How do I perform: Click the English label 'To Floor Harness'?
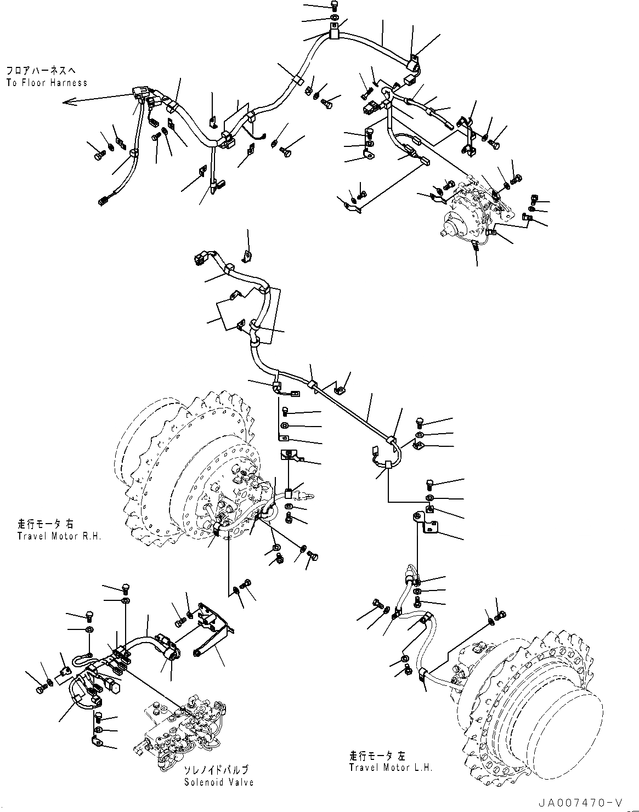pyautogui.click(x=47, y=83)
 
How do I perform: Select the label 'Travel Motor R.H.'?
pyautogui.click(x=59, y=536)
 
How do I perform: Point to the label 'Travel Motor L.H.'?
pyautogui.click(x=391, y=766)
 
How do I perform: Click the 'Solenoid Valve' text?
pyautogui.click(x=219, y=782)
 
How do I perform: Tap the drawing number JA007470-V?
pyautogui.click(x=586, y=803)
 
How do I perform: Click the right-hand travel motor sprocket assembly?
pyautogui.click(x=192, y=472)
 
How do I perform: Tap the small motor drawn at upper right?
pyautogui.click(x=472, y=211)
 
